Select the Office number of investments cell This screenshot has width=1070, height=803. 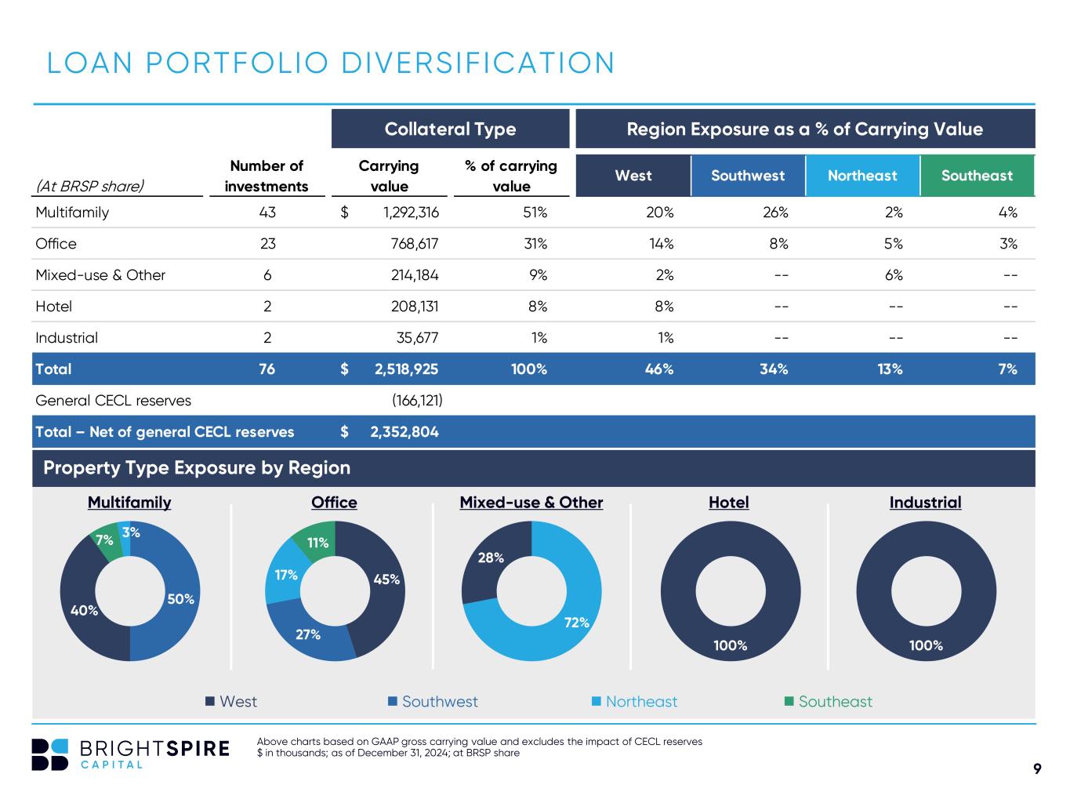(267, 244)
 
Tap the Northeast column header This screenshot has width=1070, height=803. (862, 176)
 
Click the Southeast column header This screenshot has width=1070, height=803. (977, 176)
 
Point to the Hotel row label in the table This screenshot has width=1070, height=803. (54, 307)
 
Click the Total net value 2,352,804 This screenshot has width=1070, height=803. (404, 432)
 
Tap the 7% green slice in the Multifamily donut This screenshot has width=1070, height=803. (105, 540)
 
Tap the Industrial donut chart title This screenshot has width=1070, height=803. (925, 503)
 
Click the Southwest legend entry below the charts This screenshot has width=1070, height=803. (433, 702)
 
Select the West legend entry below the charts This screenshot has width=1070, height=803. (231, 702)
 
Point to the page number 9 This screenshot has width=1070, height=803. (1037, 768)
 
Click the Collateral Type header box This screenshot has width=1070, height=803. (450, 129)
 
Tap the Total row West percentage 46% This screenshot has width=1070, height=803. (658, 369)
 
